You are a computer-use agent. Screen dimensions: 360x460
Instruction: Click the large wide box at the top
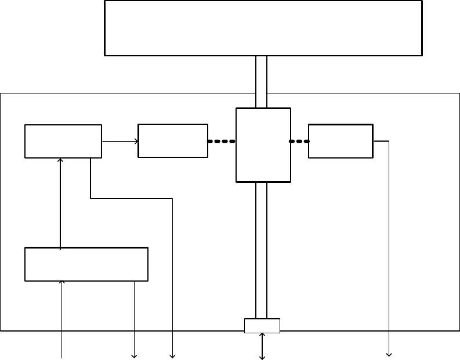263,28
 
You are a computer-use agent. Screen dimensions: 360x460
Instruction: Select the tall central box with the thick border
263,145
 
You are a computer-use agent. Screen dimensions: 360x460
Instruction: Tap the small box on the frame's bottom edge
262,326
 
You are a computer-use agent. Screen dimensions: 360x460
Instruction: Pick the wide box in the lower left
86,264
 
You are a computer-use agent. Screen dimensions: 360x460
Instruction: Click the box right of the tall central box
341,141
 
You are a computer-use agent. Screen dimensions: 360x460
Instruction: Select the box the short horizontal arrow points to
173,141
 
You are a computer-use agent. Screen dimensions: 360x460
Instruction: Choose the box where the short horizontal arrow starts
63,141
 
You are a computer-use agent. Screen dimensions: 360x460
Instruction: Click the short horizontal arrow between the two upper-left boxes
120,141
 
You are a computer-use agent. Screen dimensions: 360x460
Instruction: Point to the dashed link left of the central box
222,141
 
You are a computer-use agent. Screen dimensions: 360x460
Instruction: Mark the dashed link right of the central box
299,141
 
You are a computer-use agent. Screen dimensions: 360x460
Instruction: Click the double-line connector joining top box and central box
262,81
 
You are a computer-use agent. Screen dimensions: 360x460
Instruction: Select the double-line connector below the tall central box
262,250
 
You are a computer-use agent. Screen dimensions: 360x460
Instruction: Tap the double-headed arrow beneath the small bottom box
262,346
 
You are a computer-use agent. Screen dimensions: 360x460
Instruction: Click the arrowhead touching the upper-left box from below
60,160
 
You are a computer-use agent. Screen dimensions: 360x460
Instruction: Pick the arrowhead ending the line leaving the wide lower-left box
135,355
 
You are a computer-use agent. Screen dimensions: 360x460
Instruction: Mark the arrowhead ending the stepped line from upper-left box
172,355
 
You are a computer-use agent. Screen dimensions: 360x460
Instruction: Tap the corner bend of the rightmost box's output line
388,141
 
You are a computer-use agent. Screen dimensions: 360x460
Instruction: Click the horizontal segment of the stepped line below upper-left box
132,199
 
